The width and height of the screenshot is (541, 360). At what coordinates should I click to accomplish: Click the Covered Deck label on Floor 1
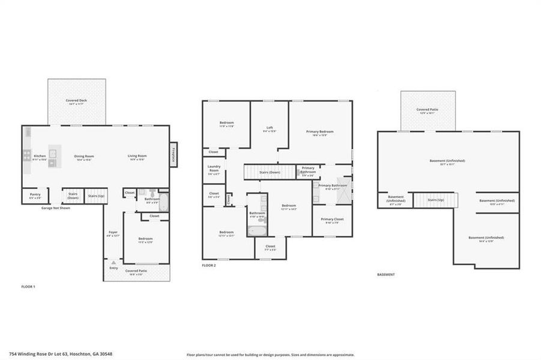(x=76, y=101)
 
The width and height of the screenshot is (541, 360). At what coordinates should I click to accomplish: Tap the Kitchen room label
(x=40, y=156)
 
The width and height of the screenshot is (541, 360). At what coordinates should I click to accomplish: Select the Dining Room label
(x=83, y=156)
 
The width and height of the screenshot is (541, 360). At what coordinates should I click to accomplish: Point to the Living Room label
(x=137, y=156)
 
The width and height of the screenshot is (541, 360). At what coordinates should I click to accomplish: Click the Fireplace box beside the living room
(x=174, y=155)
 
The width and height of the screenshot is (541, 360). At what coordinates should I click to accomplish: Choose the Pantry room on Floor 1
(x=35, y=196)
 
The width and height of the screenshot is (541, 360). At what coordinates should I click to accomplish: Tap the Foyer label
(x=113, y=233)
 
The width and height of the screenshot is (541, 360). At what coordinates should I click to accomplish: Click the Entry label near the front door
(x=113, y=268)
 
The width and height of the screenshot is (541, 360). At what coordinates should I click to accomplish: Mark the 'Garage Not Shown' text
(x=55, y=208)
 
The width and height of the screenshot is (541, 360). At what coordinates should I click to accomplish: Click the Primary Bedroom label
(x=319, y=132)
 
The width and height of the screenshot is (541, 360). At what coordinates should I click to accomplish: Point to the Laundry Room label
(x=214, y=169)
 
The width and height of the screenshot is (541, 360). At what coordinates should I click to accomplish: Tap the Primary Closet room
(x=331, y=220)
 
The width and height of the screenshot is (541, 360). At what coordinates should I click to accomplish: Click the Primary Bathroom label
(x=333, y=186)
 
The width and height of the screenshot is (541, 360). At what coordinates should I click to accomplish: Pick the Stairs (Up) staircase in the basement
(x=435, y=200)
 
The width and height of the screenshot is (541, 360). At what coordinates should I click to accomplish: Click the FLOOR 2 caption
(x=209, y=265)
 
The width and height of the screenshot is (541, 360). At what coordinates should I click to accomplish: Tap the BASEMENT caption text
(x=385, y=274)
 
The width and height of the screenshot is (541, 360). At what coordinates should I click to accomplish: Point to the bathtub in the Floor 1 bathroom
(x=163, y=202)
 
